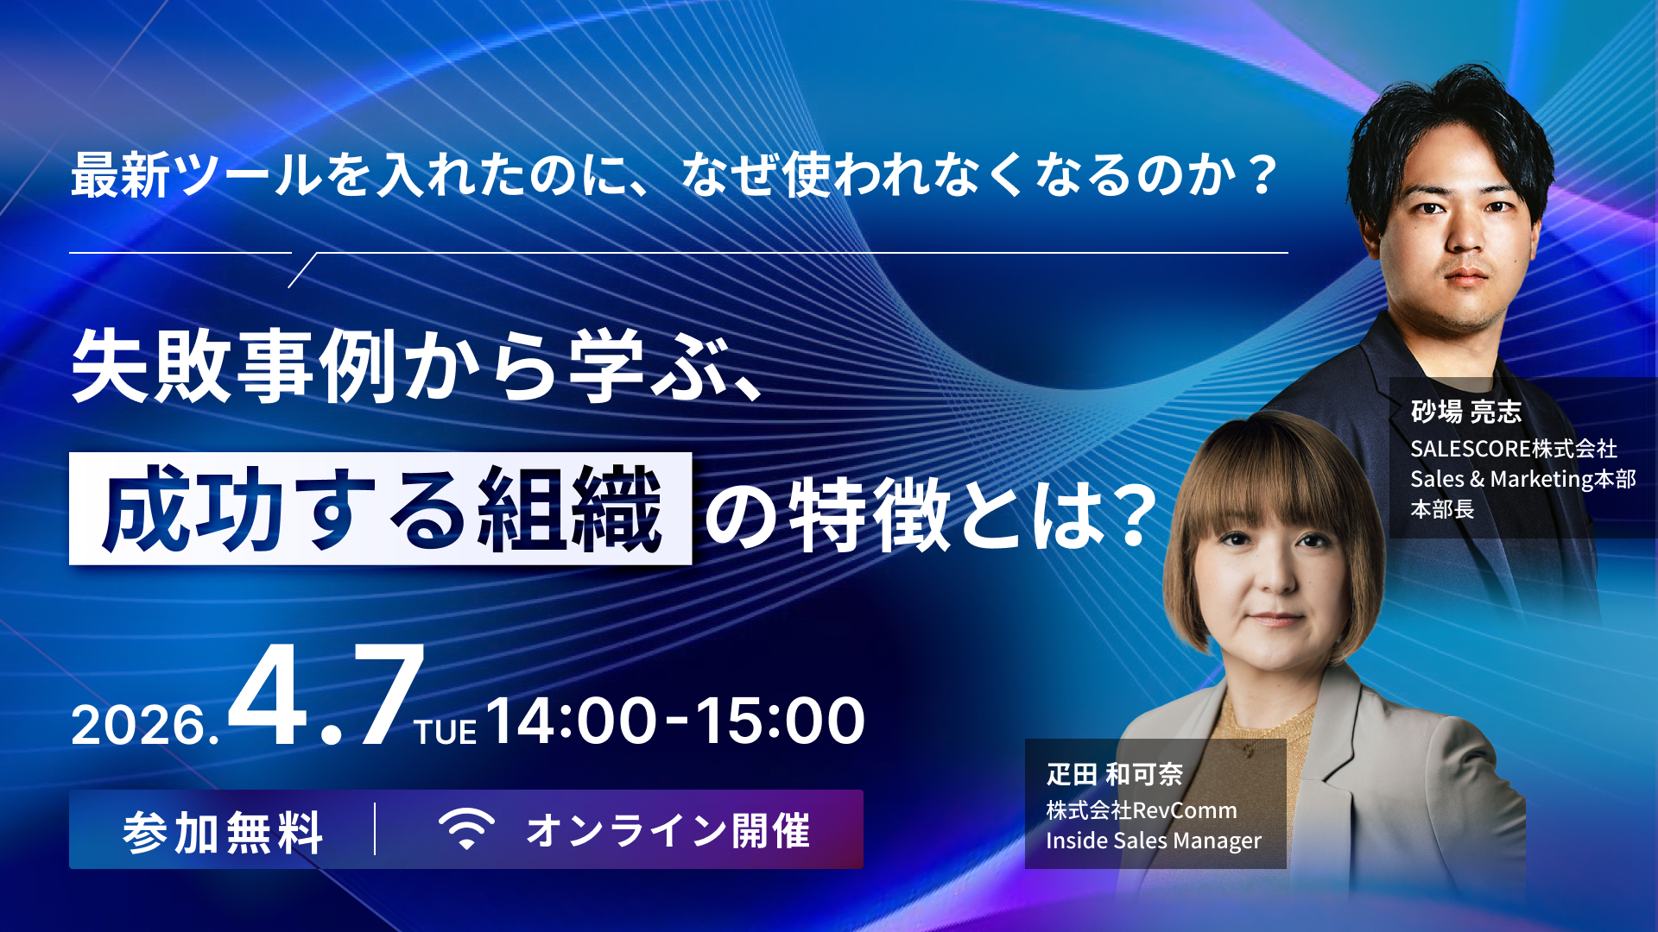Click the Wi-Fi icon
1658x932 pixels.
(x=466, y=829)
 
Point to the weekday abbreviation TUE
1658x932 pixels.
(x=446, y=733)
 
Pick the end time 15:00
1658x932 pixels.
(x=780, y=721)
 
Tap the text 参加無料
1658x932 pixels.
(x=223, y=832)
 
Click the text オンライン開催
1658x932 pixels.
(x=668, y=831)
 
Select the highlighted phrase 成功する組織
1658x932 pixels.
(x=381, y=509)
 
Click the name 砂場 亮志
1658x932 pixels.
(x=1465, y=412)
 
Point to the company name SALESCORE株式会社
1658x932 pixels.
(x=1513, y=449)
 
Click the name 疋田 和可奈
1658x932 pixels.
(x=1114, y=774)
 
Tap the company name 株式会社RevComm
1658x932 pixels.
(x=1141, y=810)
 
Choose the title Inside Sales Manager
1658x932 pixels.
(x=1153, y=841)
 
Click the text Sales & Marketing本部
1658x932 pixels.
(x=1522, y=479)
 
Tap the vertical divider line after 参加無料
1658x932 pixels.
(x=375, y=829)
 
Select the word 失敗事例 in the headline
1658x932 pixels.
(x=233, y=367)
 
